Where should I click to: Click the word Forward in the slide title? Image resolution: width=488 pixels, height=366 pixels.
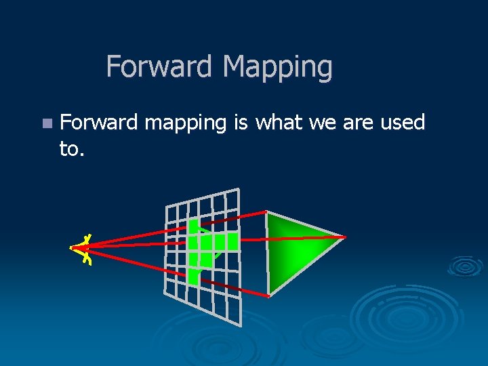(161, 66)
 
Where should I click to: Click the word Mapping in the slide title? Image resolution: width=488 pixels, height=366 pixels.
(277, 68)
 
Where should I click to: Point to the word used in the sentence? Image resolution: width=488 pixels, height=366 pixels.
(401, 123)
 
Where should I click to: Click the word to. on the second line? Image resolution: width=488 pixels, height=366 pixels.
(72, 149)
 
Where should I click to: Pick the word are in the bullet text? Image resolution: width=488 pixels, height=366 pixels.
(358, 123)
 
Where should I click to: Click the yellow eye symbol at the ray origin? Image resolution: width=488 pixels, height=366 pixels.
(83, 249)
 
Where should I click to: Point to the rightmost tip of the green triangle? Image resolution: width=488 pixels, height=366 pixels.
(345, 237)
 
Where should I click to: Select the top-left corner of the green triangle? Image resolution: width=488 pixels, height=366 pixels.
(267, 212)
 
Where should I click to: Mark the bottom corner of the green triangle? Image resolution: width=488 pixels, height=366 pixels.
(269, 296)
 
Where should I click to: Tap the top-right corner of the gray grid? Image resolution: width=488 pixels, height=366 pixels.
(238, 188)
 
